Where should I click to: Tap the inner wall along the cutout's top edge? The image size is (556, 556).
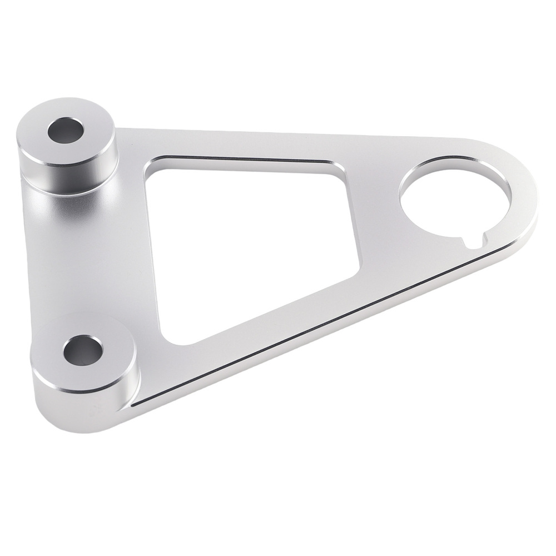click(245, 161)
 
